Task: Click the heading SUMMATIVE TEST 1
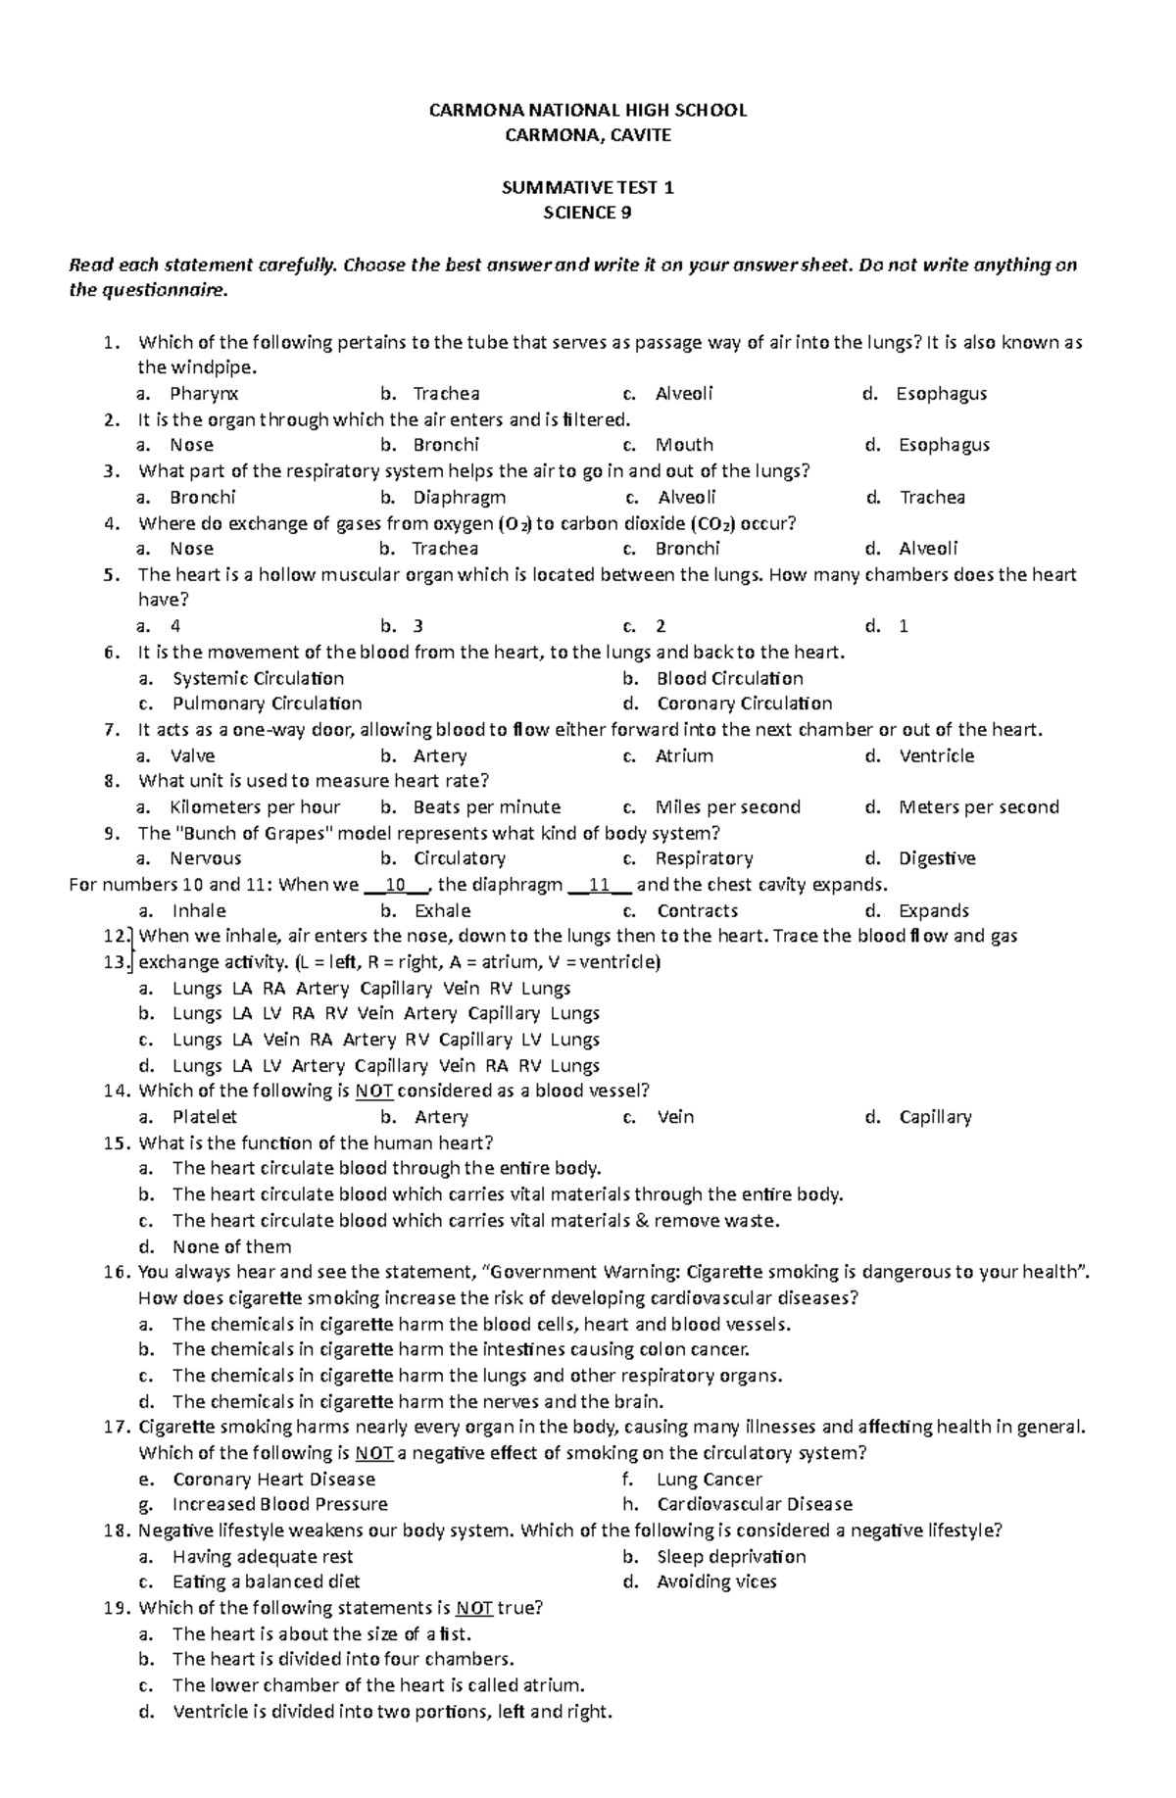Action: pyautogui.click(x=587, y=187)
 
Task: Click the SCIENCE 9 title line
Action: pyautogui.click(x=587, y=213)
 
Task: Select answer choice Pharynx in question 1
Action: pyautogui.click(x=204, y=394)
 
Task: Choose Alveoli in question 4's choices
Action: pyautogui.click(x=927, y=549)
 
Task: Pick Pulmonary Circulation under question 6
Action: pyautogui.click(x=267, y=704)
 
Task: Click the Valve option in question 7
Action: pyautogui.click(x=192, y=755)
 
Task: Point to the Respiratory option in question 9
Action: pyautogui.click(x=704, y=858)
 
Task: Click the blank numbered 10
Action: pyautogui.click(x=396, y=885)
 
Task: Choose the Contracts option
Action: pyautogui.click(x=697, y=910)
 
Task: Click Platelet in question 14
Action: pyautogui.click(x=205, y=1117)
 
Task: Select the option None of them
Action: pyautogui.click(x=231, y=1246)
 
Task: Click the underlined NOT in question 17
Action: pyautogui.click(x=373, y=1453)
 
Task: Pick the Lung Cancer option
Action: pyautogui.click(x=709, y=1480)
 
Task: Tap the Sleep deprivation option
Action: pyautogui.click(x=731, y=1557)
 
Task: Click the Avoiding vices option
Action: pyautogui.click(x=716, y=1581)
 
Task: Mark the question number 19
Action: pyautogui.click(x=116, y=1608)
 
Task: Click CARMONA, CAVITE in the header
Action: pyautogui.click(x=587, y=135)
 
